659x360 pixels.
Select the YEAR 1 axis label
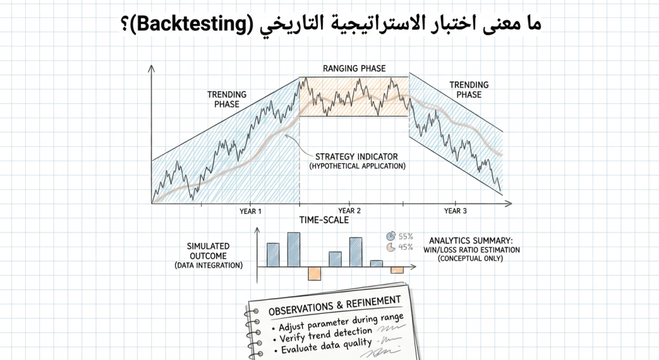pos(250,211)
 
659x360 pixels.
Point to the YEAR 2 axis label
pos(349,211)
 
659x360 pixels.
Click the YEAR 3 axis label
pos(456,211)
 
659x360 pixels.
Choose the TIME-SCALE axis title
pos(324,220)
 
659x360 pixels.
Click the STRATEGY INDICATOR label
pos(357,156)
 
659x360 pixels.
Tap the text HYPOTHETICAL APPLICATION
pos(357,166)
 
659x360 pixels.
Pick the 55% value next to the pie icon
pos(405,236)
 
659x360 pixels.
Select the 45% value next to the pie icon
pos(405,247)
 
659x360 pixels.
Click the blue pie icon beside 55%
pos(390,236)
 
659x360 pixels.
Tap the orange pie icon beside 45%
pos(390,247)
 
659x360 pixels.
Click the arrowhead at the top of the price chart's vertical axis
pos(151,67)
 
